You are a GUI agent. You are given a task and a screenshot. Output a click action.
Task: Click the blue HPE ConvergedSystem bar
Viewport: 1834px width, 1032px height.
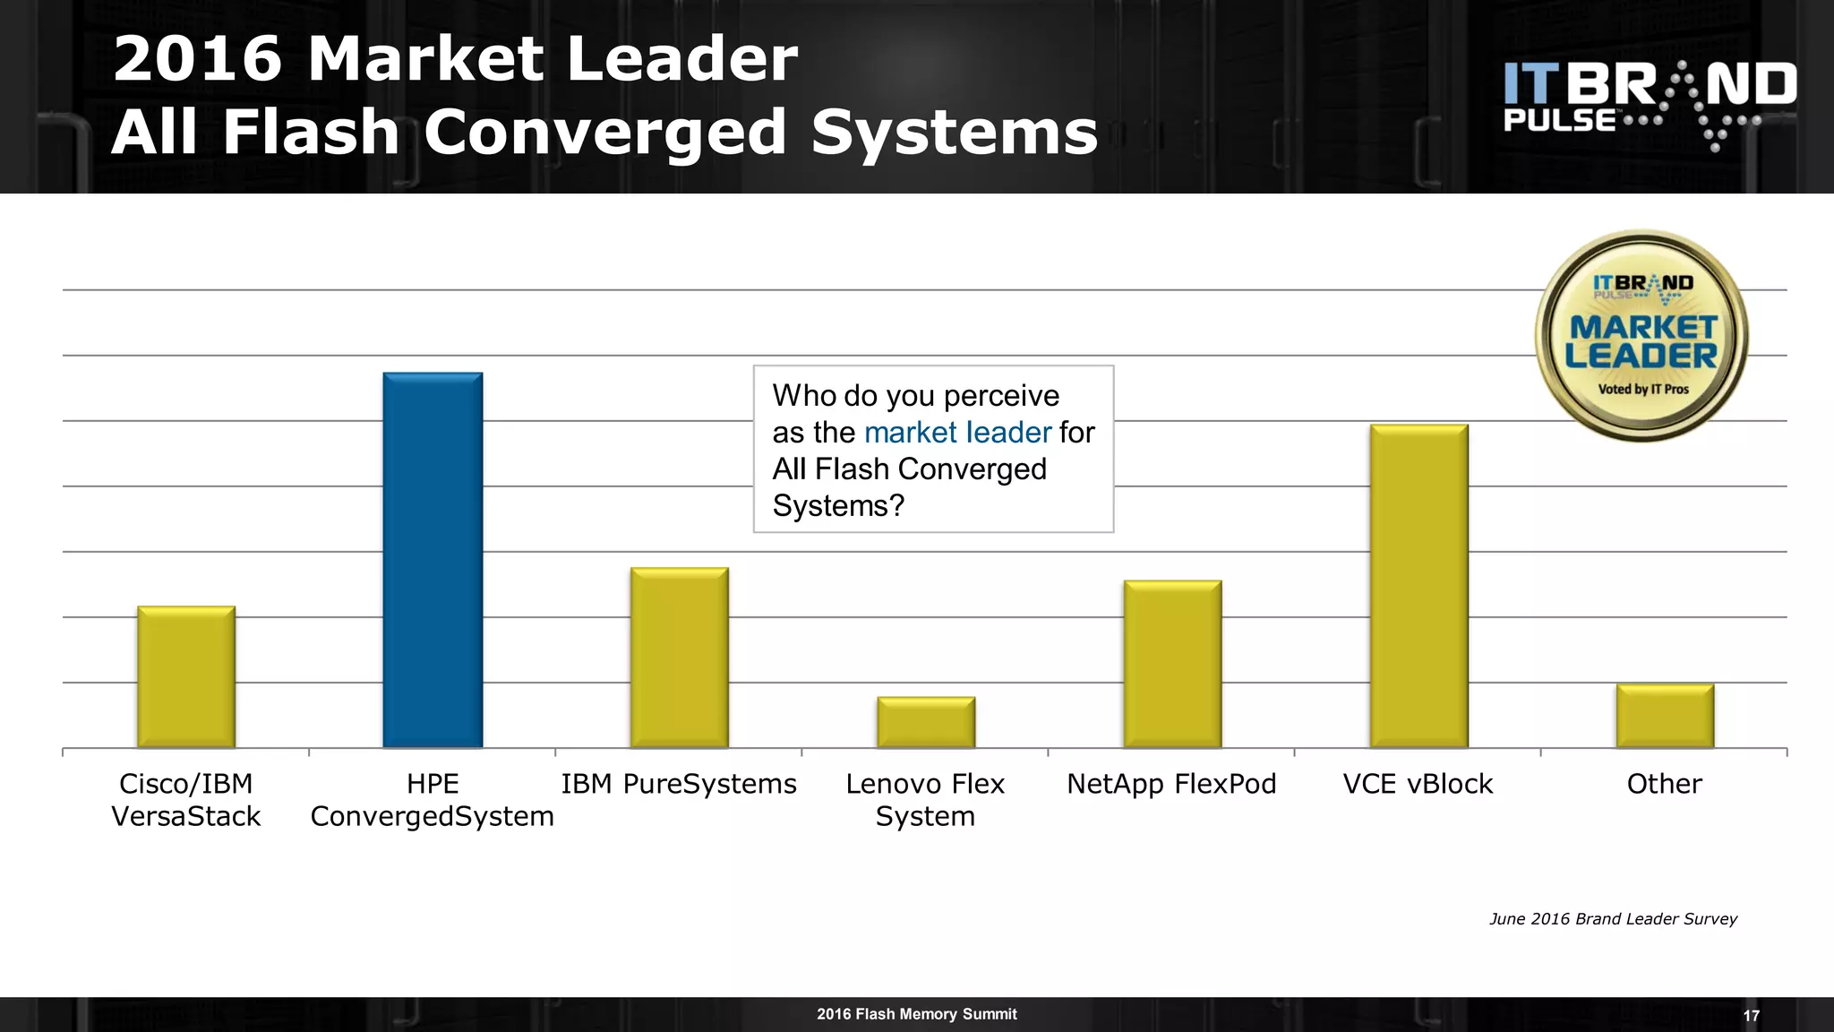tap(433, 560)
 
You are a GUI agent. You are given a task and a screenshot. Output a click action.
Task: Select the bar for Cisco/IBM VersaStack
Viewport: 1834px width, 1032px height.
tap(186, 677)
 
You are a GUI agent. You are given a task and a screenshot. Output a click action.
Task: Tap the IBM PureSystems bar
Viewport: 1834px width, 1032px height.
tap(680, 658)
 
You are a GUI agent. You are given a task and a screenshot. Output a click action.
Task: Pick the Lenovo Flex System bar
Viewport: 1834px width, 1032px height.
tap(926, 722)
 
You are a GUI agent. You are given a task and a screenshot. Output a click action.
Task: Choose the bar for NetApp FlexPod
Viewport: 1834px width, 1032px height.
tap(1172, 664)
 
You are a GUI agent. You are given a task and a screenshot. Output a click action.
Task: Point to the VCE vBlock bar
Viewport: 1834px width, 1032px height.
tap(1418, 586)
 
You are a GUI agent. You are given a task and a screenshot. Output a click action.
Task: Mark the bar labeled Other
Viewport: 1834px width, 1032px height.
tap(1665, 716)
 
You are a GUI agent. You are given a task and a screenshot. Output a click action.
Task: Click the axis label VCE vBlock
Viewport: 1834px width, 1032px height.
tap(1418, 784)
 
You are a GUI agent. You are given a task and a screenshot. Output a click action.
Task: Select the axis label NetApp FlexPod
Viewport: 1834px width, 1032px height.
tap(1171, 784)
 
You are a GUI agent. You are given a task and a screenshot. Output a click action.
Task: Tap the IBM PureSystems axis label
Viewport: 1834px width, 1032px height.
tap(679, 784)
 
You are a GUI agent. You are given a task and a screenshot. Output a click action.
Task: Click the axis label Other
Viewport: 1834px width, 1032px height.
tap(1664, 784)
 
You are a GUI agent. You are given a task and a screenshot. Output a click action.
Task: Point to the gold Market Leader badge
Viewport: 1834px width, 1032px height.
tap(1641, 336)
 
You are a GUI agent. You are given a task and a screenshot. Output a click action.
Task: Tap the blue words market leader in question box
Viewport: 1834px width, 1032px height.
tap(957, 433)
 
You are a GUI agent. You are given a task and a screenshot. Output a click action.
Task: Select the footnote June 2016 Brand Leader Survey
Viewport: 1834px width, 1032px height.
tap(1613, 919)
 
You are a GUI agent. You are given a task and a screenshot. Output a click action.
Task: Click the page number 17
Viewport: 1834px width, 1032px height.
tap(1752, 1016)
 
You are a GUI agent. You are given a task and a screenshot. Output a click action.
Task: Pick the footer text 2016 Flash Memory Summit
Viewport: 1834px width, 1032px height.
tap(916, 1014)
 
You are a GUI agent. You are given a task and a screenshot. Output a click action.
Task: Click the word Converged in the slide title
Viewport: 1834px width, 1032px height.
tap(604, 133)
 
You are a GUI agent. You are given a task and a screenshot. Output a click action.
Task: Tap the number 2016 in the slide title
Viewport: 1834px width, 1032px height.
tap(198, 59)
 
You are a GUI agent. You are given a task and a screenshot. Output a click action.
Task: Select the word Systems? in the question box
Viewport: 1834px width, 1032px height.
tap(838, 506)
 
